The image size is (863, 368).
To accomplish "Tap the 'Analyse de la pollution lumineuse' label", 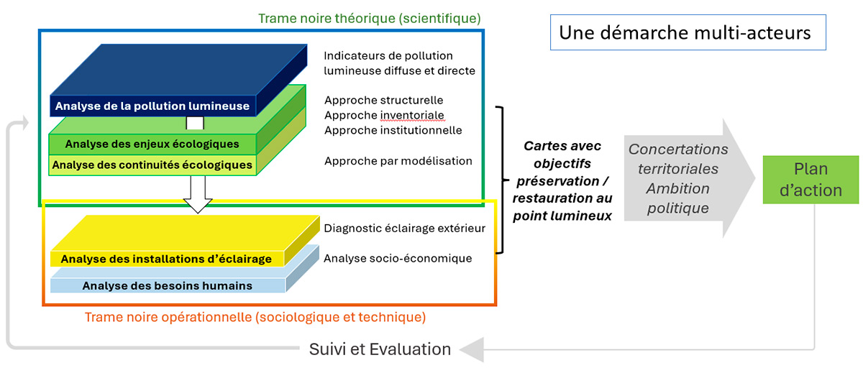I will tap(152, 106).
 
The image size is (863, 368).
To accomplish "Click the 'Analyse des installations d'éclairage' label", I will tap(166, 259).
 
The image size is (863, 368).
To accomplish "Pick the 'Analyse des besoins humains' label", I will tap(168, 285).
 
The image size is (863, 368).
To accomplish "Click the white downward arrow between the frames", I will tap(198, 194).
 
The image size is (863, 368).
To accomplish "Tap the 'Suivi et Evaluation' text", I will tap(380, 349).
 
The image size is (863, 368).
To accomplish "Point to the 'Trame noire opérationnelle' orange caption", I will tap(255, 317).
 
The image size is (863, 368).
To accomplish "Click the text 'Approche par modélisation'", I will tap(398, 161).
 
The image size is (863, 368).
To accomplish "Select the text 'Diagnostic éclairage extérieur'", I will tap(405, 229).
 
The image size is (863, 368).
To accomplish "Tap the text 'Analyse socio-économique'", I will tap(398, 258).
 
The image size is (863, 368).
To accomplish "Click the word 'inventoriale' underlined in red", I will tap(413, 115).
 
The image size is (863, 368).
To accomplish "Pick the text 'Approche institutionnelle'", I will tap(393, 130).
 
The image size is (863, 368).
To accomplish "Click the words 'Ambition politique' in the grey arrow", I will tap(677, 198).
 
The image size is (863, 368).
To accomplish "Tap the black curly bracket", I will tap(501, 180).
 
